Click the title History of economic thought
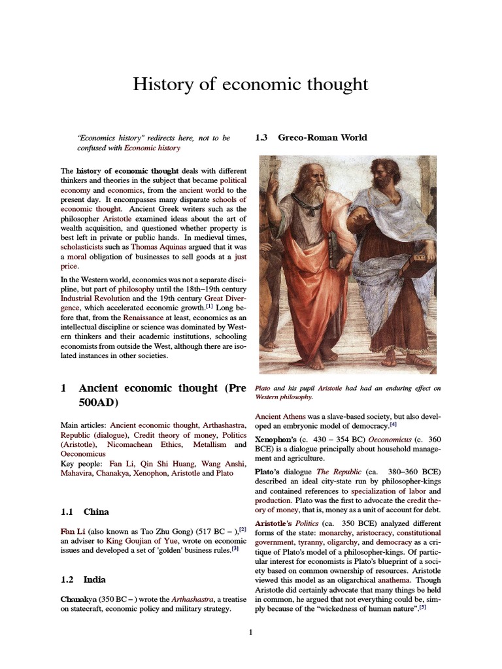coord(251,85)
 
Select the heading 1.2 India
coord(83,579)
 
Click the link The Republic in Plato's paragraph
coord(332,471)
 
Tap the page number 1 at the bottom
coord(250,632)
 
